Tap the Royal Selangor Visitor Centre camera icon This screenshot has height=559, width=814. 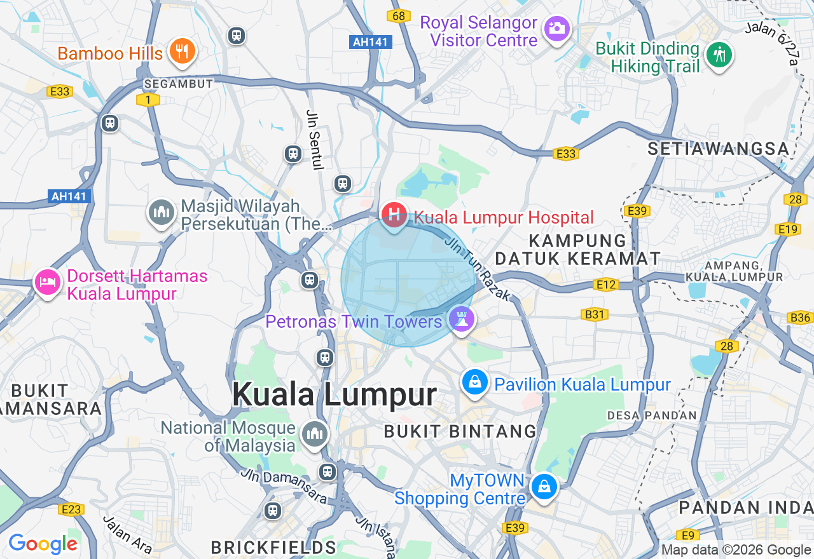(557, 29)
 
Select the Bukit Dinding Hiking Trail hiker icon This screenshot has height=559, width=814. (719, 55)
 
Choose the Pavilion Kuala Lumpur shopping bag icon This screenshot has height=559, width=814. (474, 382)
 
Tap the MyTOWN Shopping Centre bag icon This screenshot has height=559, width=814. (544, 487)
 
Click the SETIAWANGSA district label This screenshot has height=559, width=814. (718, 149)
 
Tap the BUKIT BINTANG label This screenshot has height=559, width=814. (460, 431)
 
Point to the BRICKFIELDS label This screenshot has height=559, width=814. (273, 548)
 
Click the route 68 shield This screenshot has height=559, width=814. (398, 16)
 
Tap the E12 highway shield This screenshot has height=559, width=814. (607, 285)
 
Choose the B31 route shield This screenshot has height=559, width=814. (595, 314)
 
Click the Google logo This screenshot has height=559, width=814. (43, 544)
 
